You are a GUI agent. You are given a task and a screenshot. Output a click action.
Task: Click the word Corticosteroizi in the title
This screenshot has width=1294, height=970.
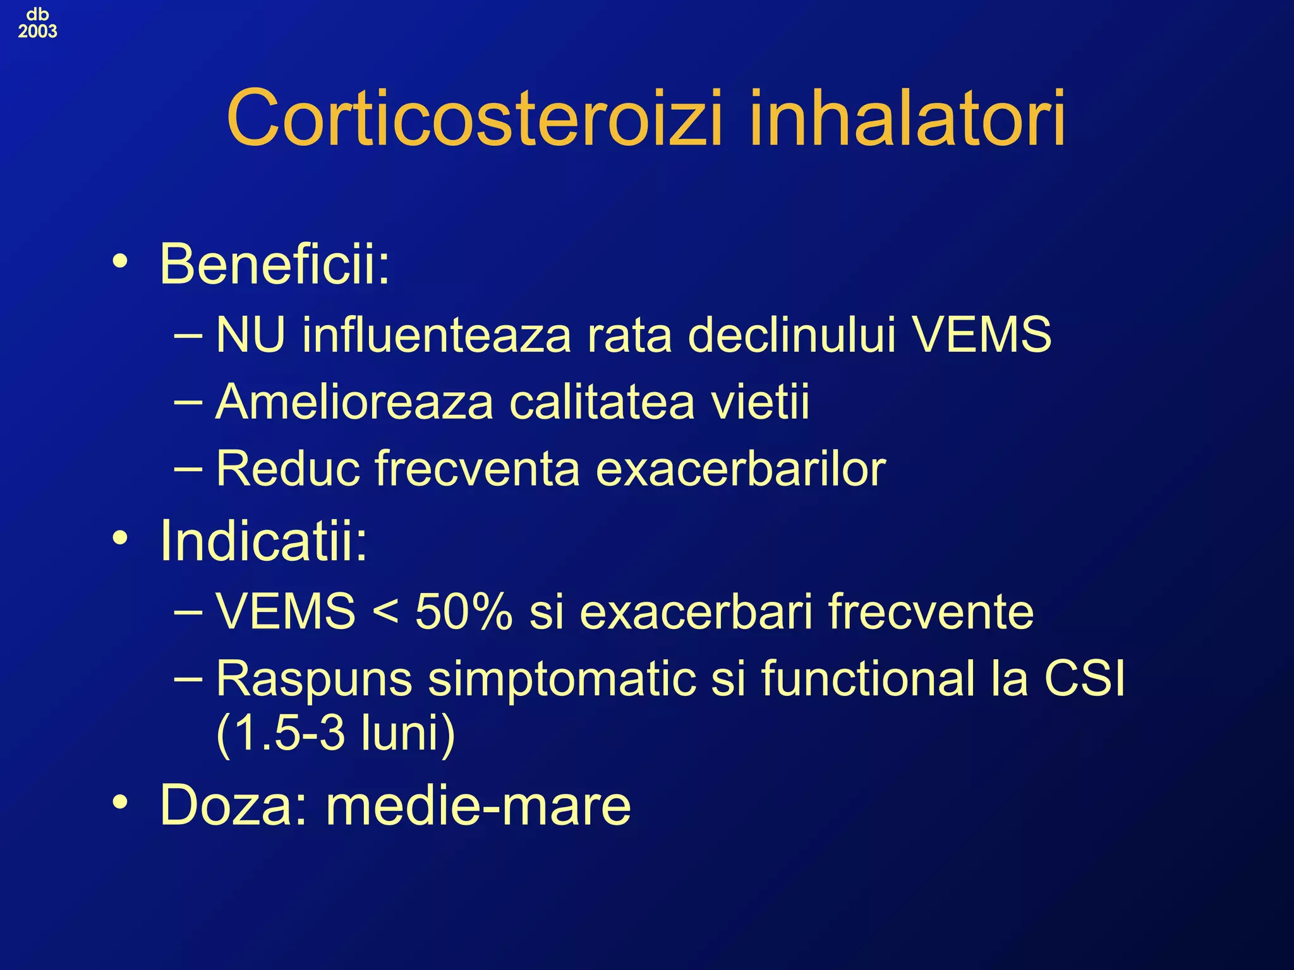pos(474,118)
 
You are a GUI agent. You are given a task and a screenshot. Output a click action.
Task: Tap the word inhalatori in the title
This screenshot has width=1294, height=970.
pos(907,118)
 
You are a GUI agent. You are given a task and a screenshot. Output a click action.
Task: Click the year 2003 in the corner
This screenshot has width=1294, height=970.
pos(37,32)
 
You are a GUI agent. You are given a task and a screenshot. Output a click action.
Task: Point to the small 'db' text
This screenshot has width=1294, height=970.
pos(37,14)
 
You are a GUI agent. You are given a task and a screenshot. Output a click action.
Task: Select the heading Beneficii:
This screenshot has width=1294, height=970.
pos(275,264)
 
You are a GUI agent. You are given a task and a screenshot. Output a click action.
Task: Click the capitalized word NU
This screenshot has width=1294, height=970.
pos(250,335)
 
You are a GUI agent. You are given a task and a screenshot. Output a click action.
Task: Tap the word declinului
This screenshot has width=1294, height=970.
pos(792,335)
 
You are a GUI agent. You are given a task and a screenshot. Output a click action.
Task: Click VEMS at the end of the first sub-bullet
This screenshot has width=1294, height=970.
pos(982,335)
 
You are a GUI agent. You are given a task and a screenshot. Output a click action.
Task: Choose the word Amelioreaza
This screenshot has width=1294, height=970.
pos(354,402)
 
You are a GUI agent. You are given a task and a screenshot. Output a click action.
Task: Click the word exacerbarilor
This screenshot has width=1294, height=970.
pos(741,469)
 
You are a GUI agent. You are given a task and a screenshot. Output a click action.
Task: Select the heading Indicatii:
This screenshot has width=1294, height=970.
pos(263,541)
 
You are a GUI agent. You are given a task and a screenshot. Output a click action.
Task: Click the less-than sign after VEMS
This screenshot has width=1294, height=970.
pos(385,613)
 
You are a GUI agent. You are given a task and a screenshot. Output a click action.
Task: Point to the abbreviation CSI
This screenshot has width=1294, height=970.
pos(1084,679)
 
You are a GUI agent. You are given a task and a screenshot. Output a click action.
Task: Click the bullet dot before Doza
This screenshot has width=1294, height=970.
pos(119,803)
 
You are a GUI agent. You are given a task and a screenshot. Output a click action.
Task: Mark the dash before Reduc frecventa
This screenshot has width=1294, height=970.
pos(188,469)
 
